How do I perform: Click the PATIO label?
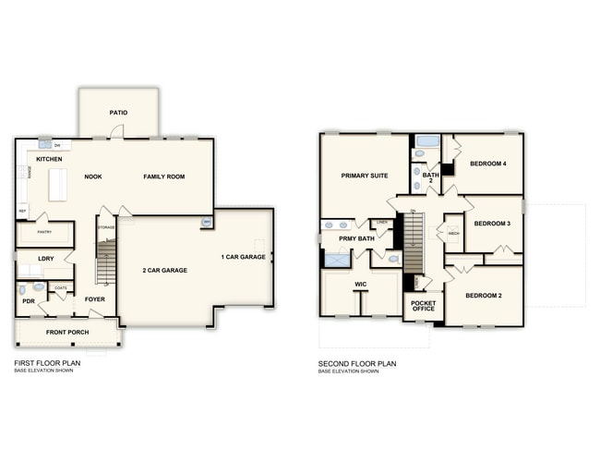pos(118,113)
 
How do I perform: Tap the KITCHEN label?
pos(49,159)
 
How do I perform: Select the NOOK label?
pos(93,176)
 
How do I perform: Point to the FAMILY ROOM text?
pos(163,176)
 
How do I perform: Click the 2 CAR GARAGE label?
pos(165,271)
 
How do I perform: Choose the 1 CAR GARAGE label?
pos(244,256)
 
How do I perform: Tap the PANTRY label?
pos(43,233)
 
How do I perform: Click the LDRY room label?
pos(45,259)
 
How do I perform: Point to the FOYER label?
pos(94,299)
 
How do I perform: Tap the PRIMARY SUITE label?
pos(364,175)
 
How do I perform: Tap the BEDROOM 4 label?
pos(489,164)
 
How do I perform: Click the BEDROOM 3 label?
pos(492,224)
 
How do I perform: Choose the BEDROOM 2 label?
pos(484,296)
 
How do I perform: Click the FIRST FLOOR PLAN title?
pos(48,364)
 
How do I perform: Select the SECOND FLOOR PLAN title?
pos(357,364)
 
